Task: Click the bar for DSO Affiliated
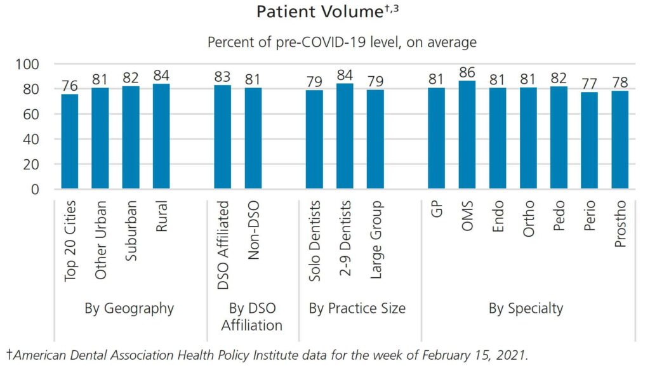[223, 136]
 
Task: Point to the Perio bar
[588, 140]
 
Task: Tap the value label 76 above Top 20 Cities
[70, 86]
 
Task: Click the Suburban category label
[131, 240]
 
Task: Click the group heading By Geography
[129, 309]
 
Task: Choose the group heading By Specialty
[526, 309]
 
